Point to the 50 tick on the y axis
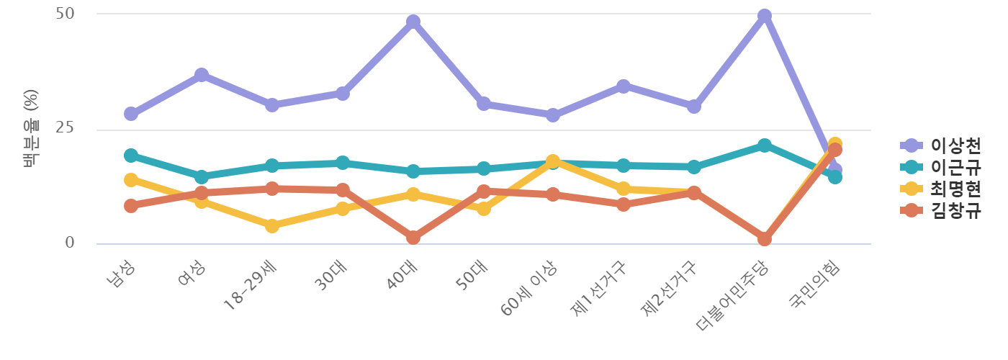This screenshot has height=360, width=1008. pyautogui.click(x=65, y=14)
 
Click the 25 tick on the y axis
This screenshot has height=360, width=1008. pyautogui.click(x=65, y=128)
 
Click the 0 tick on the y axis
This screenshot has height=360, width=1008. pyautogui.click(x=70, y=243)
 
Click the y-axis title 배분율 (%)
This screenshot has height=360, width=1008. pyautogui.click(x=30, y=128)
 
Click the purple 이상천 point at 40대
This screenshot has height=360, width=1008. pyautogui.click(x=413, y=22)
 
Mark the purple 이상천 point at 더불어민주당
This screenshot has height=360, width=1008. pyautogui.click(x=764, y=16)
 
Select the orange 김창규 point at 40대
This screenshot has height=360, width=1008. pyautogui.click(x=413, y=238)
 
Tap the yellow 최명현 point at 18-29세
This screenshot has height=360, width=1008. pyautogui.click(x=272, y=226)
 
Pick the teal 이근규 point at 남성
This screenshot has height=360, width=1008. pyautogui.click(x=131, y=156)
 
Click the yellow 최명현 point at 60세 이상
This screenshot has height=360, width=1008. pyautogui.click(x=553, y=161)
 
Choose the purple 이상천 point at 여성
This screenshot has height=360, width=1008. pyautogui.click(x=202, y=75)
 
